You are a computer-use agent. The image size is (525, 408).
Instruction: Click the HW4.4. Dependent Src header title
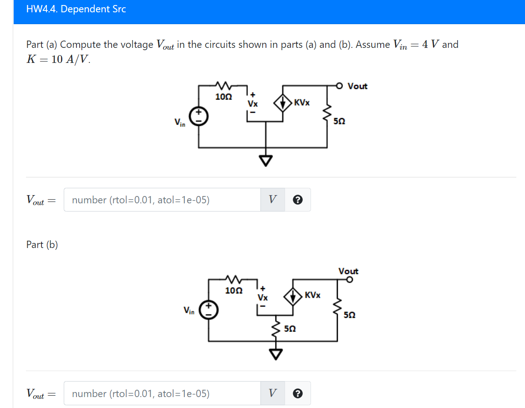76,9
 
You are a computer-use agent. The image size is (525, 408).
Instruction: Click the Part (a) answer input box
162,200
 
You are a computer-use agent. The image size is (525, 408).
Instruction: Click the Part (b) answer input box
162,393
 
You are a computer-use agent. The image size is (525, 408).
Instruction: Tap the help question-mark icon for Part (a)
298,200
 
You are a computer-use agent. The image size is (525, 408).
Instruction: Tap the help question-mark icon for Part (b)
298,393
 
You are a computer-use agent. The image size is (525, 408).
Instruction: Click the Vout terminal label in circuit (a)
357,86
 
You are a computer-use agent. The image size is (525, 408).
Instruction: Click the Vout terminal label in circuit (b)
348,271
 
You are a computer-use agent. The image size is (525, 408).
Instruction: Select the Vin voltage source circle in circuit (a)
199,117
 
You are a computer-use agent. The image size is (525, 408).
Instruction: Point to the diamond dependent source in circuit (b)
294,296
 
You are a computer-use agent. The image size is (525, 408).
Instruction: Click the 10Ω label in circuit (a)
223,97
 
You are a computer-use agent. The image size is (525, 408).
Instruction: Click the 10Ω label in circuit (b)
234,290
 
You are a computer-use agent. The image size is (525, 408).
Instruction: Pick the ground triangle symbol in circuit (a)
266,160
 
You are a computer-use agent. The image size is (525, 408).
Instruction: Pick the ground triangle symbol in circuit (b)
276,353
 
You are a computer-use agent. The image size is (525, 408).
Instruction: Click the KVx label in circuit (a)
302,103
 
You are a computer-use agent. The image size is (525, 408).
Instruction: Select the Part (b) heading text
42,245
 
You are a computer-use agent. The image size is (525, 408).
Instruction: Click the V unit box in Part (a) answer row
272,200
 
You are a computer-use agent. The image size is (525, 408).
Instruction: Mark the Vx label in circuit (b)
263,297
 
